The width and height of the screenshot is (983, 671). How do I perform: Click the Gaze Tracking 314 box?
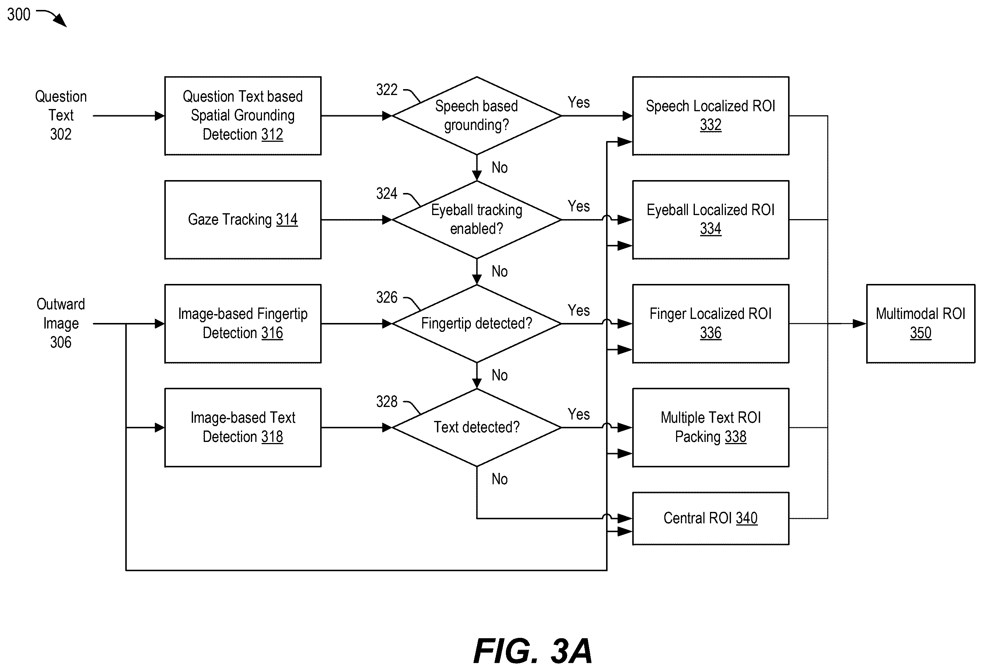243,220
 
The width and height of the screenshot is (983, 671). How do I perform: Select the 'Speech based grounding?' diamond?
477,115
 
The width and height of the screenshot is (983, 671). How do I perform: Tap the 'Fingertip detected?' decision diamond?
477,323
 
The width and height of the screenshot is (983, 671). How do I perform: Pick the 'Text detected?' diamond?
477,428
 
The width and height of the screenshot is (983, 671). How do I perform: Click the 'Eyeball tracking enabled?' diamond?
477,219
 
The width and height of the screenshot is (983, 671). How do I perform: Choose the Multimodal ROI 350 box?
920,323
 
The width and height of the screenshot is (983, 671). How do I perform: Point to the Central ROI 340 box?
711,519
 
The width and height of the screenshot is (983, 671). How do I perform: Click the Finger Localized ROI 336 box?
711,323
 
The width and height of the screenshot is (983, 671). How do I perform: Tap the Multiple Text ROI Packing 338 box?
711,428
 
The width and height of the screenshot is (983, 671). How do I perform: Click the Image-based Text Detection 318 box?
243,428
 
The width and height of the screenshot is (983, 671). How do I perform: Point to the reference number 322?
386,89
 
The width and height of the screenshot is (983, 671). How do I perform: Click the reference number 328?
386,402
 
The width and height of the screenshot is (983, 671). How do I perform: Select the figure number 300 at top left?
19,14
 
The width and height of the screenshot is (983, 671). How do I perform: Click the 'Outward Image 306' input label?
61,323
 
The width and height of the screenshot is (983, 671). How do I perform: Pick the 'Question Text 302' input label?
61,115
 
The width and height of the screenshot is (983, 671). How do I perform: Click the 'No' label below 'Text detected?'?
500,479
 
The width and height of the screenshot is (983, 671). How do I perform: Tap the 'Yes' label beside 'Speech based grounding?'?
578,102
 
